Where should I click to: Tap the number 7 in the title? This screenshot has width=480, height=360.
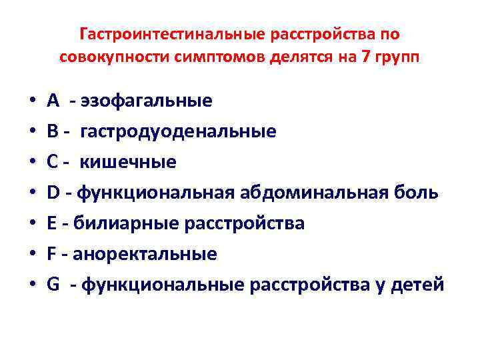click(364, 57)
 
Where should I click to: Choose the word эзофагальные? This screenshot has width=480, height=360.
click(146, 101)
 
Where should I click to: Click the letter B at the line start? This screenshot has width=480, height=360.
click(53, 131)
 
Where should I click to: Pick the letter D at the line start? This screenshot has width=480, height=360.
click(54, 193)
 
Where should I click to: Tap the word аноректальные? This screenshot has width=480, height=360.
click(145, 254)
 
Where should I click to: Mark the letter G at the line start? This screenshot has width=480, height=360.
click(54, 285)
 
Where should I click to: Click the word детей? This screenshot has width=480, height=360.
click(419, 285)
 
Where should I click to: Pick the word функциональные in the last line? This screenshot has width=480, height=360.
click(162, 285)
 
